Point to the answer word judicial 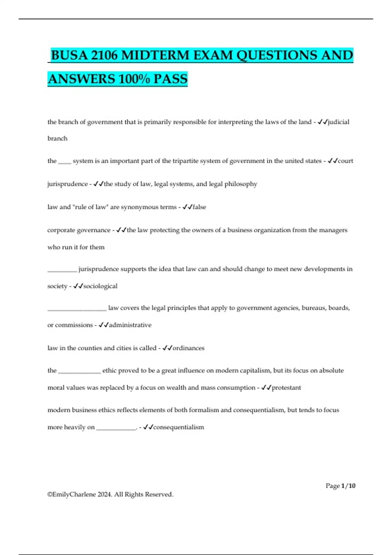coord(338,122)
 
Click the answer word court coord(346,161)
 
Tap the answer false coord(199,207)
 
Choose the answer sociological coord(100,286)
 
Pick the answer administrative coord(130,325)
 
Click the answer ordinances coord(188,348)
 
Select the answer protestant coord(286,388)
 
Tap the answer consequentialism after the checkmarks coord(178,427)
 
